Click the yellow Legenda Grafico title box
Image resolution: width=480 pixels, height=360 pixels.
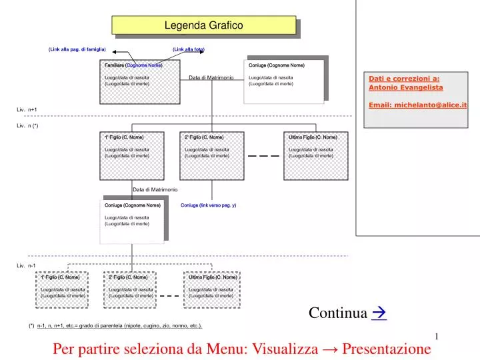(203, 25)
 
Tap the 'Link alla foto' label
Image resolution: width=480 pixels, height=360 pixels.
(189, 50)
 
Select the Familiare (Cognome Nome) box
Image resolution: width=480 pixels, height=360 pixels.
(141, 80)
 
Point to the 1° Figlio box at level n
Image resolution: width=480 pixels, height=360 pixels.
(131, 152)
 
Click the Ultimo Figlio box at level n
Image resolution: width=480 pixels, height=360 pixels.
(313, 152)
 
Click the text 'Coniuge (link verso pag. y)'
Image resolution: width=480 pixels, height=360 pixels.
(208, 205)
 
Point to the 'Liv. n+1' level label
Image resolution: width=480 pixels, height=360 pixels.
(27, 109)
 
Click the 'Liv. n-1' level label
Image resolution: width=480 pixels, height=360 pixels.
(27, 265)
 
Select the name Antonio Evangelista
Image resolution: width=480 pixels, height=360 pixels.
(406, 87)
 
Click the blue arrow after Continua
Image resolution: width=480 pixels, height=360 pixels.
(379, 313)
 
